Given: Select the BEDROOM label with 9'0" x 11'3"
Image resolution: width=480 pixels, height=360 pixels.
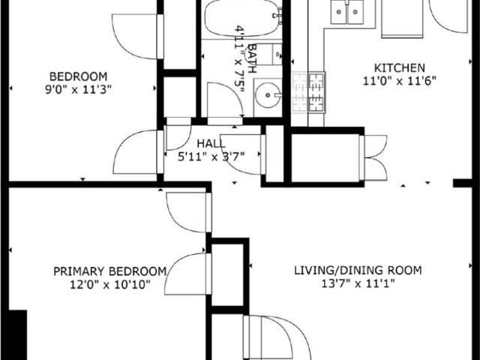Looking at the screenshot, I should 78,76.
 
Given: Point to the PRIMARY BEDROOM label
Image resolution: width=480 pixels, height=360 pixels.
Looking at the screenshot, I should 109,271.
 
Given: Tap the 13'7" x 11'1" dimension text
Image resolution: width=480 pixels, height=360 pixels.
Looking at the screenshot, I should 358,284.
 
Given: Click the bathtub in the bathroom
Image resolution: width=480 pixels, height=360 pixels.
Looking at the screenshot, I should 244,19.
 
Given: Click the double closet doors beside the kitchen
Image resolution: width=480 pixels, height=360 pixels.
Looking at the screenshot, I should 373,157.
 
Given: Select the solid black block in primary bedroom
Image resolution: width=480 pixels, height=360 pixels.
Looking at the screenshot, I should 18,334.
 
